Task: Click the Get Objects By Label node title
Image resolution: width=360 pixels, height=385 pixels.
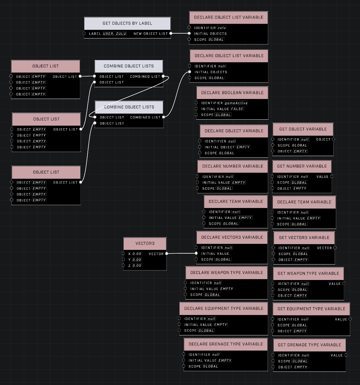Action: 127,23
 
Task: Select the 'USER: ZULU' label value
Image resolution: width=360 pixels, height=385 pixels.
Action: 114,34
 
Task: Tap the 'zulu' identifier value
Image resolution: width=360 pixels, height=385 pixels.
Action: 222,28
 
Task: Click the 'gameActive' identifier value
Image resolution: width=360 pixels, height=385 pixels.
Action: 236,103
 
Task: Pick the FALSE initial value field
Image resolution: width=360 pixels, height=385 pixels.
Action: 237,109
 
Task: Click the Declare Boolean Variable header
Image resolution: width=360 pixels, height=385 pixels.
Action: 232,93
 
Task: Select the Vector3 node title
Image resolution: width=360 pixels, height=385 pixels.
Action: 145,244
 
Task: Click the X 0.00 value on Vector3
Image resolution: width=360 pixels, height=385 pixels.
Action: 137,254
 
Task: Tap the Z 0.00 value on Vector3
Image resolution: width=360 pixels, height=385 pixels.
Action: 137,266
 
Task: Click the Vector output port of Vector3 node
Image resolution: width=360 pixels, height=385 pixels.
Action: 167,254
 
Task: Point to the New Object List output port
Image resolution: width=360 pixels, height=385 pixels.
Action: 171,34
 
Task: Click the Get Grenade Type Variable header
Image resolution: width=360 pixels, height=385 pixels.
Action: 309,345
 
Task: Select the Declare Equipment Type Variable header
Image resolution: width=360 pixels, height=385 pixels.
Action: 224,308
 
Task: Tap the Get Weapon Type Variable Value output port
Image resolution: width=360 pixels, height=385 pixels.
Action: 344,284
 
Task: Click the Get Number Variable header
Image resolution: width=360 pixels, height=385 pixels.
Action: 302,166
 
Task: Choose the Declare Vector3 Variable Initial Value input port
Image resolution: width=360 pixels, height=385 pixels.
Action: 196,254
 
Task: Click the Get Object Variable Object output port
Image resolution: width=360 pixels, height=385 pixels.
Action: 333,139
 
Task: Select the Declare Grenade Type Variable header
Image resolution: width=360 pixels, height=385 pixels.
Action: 226,344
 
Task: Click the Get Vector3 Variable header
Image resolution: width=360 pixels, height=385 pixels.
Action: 304,238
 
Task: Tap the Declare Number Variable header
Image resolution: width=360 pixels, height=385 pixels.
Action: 233,166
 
